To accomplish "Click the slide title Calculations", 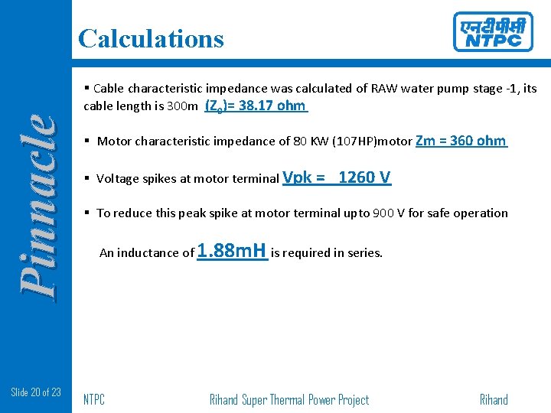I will [x=151, y=38].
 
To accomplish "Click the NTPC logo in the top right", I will [x=492, y=32].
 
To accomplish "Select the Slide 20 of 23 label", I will [x=36, y=392].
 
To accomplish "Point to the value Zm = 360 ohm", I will [x=461, y=141].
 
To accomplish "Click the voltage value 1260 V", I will [x=364, y=177].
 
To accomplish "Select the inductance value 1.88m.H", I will [x=232, y=251].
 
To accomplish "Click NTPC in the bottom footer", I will [x=94, y=400].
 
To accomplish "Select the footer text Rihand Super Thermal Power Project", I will [x=289, y=400].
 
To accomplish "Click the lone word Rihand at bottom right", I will [x=494, y=400].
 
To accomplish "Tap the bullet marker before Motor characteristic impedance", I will [x=88, y=141].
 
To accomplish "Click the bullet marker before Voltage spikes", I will [x=88, y=179].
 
